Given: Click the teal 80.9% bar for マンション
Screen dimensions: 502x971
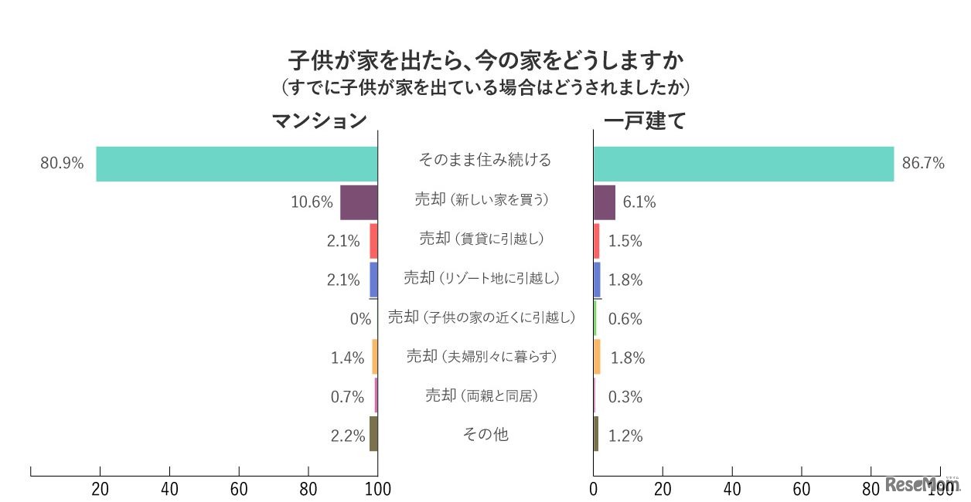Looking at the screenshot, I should click(x=237, y=164).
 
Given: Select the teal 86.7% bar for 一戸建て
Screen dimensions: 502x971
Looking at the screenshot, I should click(x=743, y=164).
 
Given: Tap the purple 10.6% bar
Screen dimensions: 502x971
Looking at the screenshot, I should click(x=359, y=202).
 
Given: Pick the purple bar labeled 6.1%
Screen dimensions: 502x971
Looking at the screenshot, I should click(x=604, y=202).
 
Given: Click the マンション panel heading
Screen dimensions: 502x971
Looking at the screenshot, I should click(x=318, y=121).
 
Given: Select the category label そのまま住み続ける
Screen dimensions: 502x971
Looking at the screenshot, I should click(x=485, y=160).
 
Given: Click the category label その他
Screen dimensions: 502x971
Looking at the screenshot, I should click(x=485, y=434).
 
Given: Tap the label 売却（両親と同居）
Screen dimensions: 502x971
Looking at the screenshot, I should click(x=481, y=395).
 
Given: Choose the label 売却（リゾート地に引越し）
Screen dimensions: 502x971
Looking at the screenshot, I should click(x=481, y=277).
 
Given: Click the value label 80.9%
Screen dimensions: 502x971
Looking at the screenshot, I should click(x=62, y=164).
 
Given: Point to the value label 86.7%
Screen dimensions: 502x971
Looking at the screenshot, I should click(x=923, y=164).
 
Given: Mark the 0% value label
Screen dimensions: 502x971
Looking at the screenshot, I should click(x=360, y=318).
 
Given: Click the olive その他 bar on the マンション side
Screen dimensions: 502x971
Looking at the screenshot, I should click(x=373, y=434).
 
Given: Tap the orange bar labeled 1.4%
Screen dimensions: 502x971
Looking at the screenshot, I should click(x=374, y=357).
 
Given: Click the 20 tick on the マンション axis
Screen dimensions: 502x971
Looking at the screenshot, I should click(x=100, y=488).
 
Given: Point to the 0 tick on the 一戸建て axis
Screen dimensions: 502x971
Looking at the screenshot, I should click(x=594, y=488).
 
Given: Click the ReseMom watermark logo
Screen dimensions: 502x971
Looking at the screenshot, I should click(x=922, y=485).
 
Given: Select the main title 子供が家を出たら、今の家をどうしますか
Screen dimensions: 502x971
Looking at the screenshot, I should click(x=486, y=59).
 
